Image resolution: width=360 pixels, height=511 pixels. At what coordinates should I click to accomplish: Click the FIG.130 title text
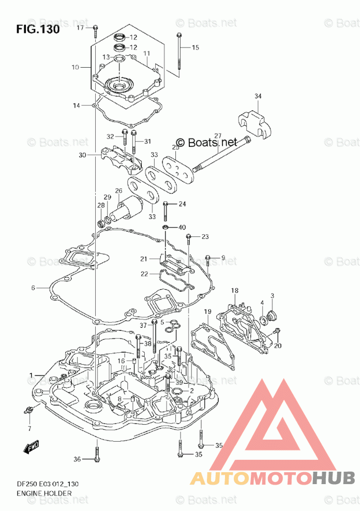point(38,29)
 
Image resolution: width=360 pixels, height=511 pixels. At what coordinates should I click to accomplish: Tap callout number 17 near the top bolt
point(80,27)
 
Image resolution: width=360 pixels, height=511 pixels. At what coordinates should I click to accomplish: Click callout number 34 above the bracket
point(258,96)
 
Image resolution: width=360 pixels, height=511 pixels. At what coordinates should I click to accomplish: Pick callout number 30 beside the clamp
point(83,155)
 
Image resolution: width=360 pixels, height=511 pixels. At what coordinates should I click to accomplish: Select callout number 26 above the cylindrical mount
point(118,191)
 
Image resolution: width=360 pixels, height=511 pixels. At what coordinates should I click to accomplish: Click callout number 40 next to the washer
point(182,228)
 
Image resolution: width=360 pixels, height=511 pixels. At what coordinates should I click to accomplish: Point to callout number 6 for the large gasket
point(33,288)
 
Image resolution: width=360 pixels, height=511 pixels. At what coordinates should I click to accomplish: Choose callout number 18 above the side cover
point(235,291)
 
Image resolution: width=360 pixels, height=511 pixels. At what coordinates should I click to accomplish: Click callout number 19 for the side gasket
point(207,311)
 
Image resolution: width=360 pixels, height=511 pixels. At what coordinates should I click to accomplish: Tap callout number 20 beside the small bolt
point(278,346)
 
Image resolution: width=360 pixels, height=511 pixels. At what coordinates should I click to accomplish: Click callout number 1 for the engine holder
point(32,374)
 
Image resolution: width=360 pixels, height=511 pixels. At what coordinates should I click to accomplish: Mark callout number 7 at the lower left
point(29,429)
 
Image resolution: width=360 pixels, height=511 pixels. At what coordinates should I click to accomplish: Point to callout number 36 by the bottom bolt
point(77,459)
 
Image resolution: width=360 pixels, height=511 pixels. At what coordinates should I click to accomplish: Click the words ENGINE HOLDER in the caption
point(44,493)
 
